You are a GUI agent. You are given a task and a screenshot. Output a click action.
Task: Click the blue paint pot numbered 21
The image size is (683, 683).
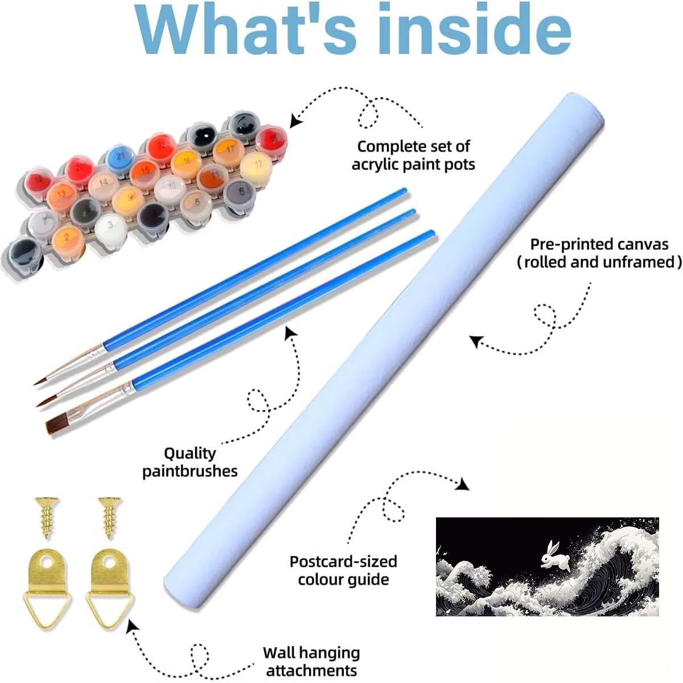coord(121,157)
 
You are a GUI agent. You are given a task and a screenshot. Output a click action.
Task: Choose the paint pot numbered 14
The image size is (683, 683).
coord(104,184)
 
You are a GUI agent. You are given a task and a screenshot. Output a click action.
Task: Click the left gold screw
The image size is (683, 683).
coord(47,518)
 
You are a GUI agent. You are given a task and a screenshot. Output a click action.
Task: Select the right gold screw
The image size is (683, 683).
coord(110,518)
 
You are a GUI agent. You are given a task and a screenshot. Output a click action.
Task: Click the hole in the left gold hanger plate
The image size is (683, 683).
coord(47,561)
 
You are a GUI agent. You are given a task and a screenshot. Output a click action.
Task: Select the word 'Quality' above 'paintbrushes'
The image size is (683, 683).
coord(190,453)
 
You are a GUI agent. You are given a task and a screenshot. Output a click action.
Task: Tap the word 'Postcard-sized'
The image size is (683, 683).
coord(343,562)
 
